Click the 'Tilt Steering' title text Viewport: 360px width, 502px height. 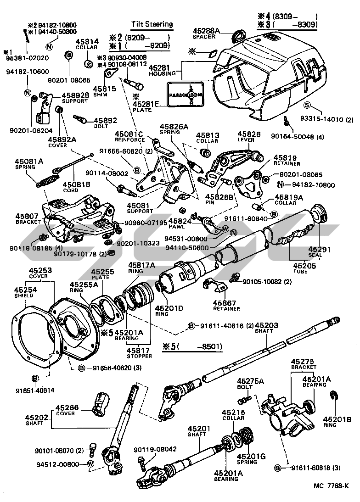coord(152,24)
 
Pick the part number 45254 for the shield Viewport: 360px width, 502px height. coord(24,290)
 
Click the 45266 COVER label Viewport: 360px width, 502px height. coord(67,409)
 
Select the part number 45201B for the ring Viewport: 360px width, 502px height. coord(337,419)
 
